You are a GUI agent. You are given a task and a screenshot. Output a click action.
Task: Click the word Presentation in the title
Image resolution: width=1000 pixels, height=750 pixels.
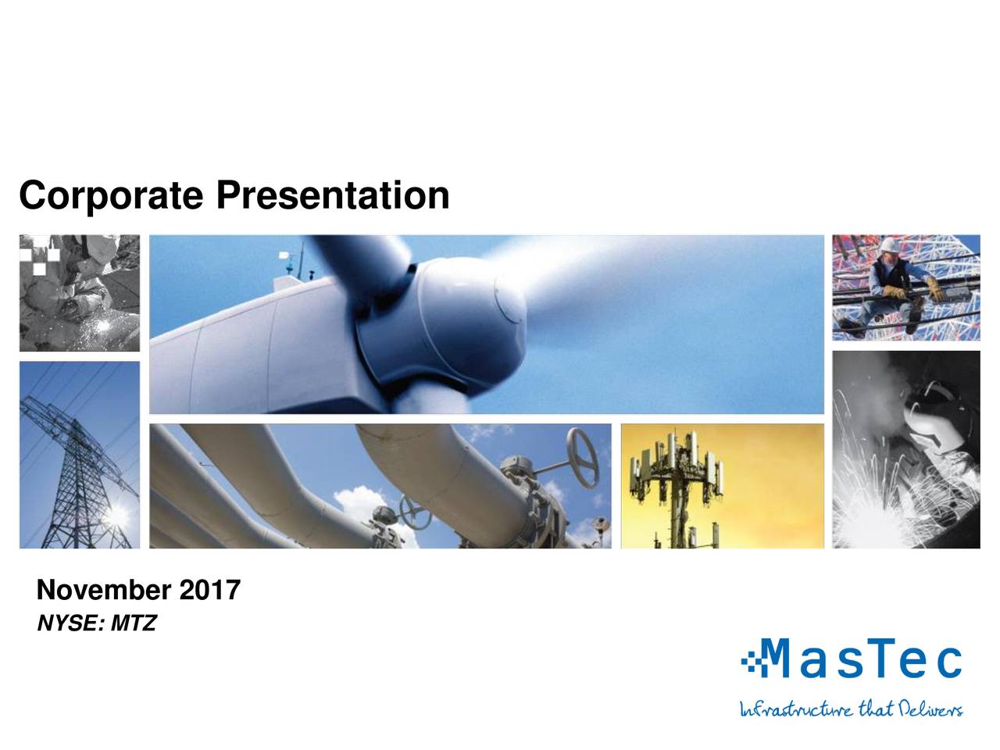click(333, 195)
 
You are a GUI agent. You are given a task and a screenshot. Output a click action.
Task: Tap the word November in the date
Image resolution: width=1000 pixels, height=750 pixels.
click(105, 591)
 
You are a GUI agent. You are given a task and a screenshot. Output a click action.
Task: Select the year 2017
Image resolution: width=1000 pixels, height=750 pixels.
click(210, 591)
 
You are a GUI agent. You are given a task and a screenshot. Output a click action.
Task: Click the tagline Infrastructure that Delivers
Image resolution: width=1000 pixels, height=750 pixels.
click(851, 709)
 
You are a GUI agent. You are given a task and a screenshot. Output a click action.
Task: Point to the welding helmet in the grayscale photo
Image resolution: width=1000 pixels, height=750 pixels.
click(930, 414)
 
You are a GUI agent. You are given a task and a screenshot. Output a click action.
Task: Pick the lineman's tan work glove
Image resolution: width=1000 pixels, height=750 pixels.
click(934, 289)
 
